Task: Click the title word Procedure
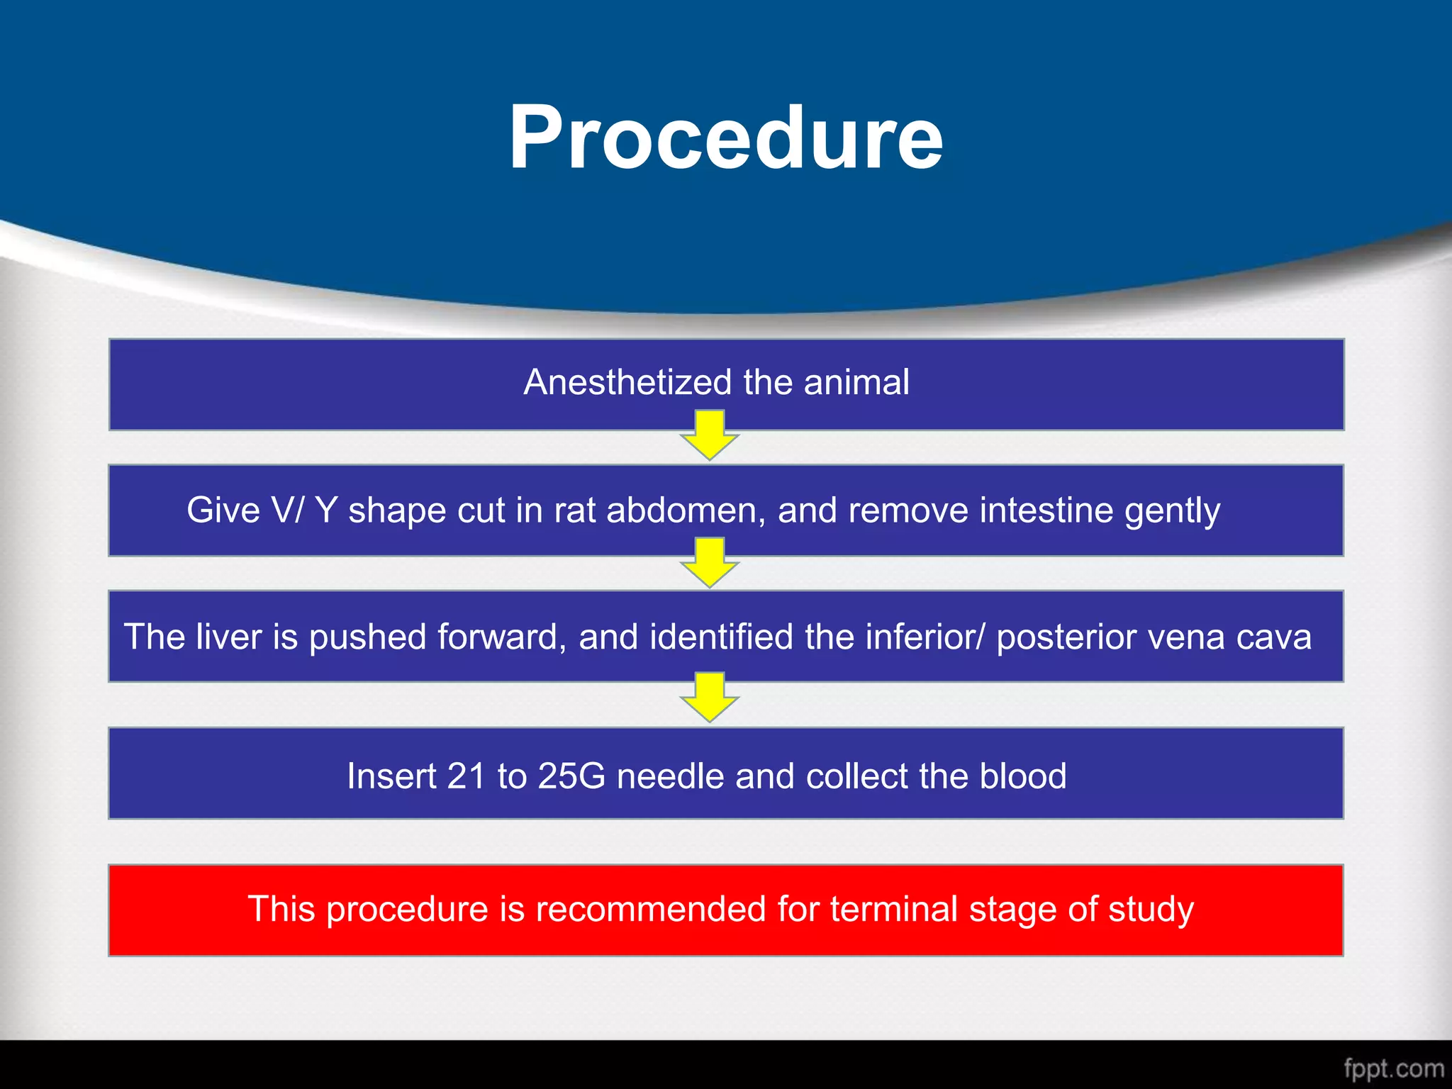726,138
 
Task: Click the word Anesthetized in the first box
627,383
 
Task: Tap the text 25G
571,776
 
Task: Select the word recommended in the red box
650,910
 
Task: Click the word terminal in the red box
893,910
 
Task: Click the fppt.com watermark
1393,1068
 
